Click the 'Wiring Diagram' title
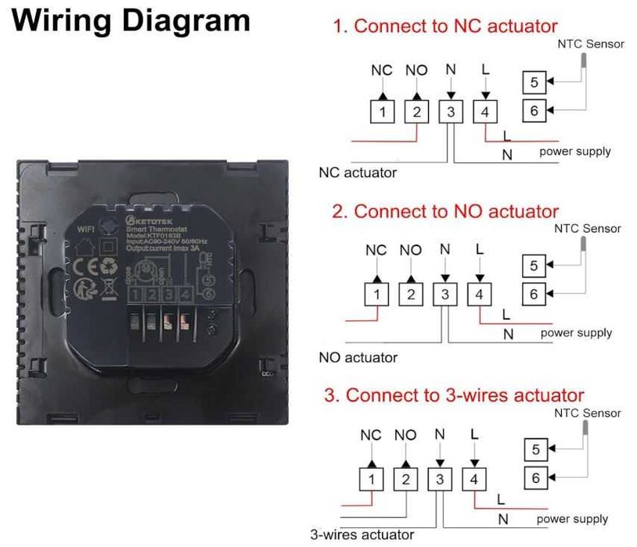click(132, 20)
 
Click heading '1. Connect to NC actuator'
click(444, 26)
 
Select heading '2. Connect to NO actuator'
click(444, 211)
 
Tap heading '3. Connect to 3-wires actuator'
click(454, 395)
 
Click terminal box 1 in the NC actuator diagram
click(382, 112)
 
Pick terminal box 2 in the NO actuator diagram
click(411, 295)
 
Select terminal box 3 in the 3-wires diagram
click(440, 479)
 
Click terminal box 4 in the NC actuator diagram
click(485, 112)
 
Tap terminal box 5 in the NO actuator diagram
click(534, 266)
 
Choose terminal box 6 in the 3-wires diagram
click(535, 478)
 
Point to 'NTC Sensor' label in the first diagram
click(591, 44)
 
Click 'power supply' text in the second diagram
click(576, 333)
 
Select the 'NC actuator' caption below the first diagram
click(358, 172)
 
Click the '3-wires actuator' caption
click(362, 534)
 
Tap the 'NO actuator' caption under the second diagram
click(358, 358)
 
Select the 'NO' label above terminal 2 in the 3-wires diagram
click(405, 434)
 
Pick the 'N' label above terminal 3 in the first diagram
click(450, 70)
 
